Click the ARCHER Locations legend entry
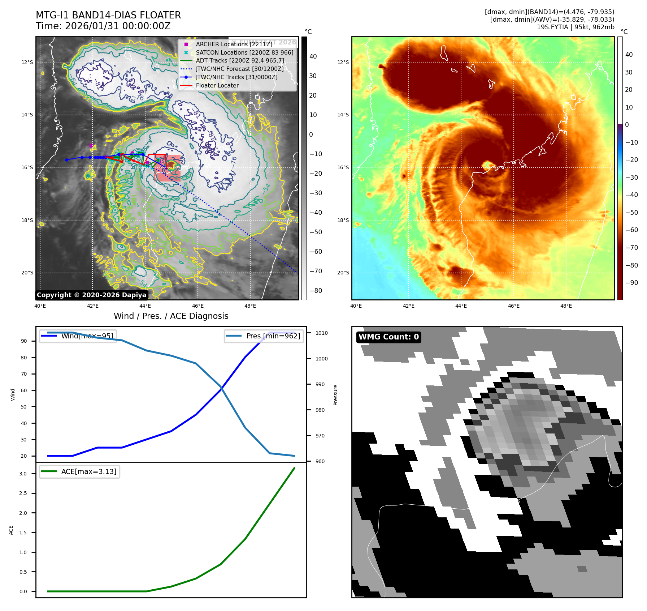coord(234,44)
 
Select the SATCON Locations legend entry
coord(244,52)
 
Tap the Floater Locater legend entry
coord(217,86)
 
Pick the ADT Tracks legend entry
coord(240,61)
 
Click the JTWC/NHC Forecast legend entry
coord(239,69)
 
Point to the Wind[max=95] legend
coord(78,336)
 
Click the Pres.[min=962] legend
coord(264,336)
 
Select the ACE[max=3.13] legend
coord(80,471)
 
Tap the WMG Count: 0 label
coord(388,337)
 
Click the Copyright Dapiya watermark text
coord(91,295)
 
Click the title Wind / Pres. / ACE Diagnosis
coord(171,316)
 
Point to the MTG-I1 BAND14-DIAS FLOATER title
coord(108,16)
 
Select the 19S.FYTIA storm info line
coord(575,27)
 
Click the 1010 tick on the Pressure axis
coord(321,333)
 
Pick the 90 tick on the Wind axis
coord(24,341)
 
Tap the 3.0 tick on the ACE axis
coord(23,474)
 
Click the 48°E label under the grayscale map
coord(250,306)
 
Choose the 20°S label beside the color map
coord(343,273)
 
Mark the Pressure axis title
coord(336,395)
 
